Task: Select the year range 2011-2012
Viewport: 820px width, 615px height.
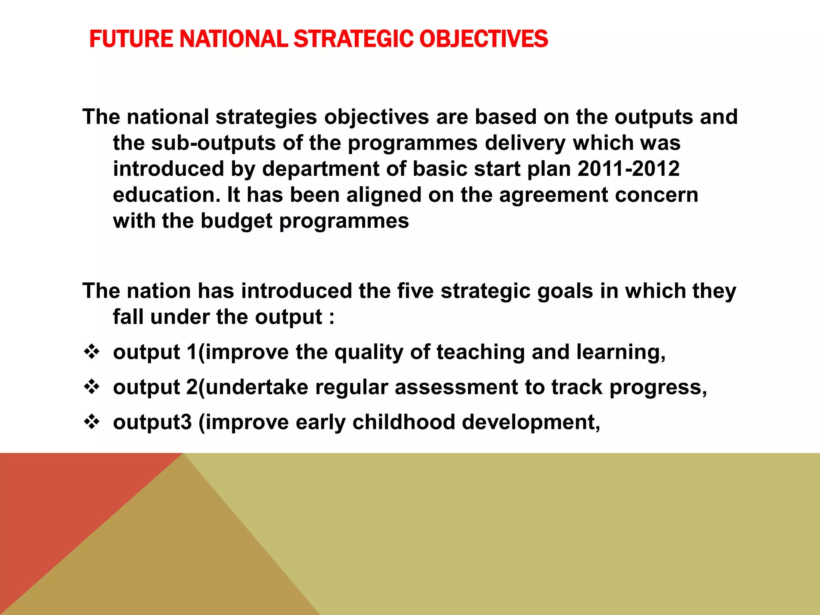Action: [629, 169]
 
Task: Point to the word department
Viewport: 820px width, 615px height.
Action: [321, 169]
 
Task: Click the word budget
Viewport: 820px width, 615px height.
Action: [236, 221]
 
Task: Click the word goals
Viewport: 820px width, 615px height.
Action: [565, 291]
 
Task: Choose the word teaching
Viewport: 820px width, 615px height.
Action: [480, 352]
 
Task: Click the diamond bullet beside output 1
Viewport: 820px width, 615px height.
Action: [92, 352]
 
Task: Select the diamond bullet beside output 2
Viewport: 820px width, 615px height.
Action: [92, 387]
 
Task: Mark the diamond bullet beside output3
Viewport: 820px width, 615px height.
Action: [92, 422]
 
